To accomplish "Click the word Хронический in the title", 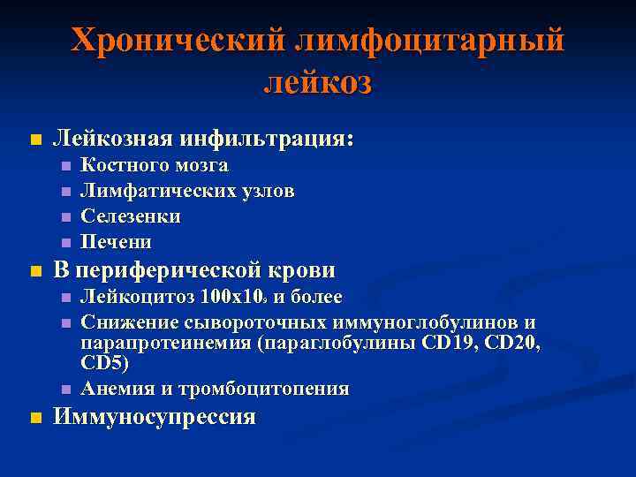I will click(178, 40).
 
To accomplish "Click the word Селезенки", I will click(131, 216).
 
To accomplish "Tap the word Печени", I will click(117, 241).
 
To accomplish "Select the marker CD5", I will click(104, 363).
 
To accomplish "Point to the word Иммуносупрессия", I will click(155, 417).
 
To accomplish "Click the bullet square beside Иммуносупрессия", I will click(34, 418).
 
